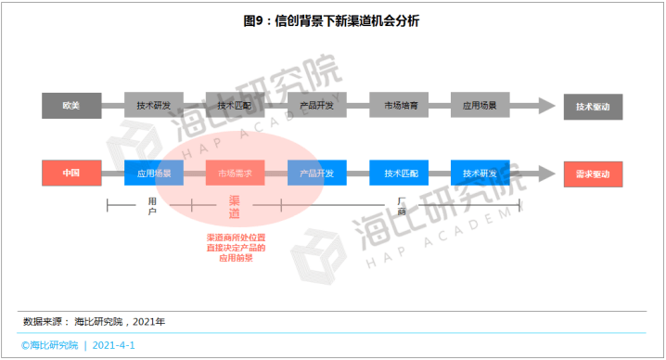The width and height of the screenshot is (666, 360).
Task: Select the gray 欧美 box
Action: point(71,106)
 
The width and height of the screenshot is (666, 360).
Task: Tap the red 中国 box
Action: point(71,174)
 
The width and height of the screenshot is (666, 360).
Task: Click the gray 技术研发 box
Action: point(154,106)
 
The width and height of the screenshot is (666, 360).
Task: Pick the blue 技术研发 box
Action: point(480,174)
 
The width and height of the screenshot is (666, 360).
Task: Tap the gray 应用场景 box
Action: point(480,106)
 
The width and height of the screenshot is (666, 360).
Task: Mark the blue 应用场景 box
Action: point(154,174)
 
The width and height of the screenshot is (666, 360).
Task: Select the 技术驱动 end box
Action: point(593,106)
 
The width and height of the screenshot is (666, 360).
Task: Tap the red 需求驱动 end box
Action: point(593,174)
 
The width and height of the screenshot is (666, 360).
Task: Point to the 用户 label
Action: point(152,206)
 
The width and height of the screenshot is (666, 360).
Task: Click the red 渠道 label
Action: point(234,207)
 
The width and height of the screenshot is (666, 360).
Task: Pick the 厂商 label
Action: point(402,206)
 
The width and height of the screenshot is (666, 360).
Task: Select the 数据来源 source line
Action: point(95,321)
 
